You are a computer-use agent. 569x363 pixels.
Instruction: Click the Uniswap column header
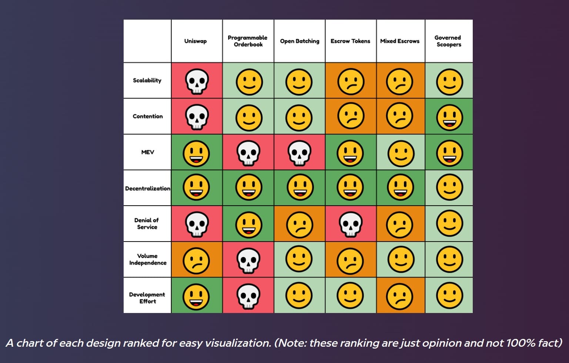tap(195, 41)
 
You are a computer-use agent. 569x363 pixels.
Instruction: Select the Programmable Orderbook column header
tap(248, 41)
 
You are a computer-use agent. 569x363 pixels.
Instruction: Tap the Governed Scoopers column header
tap(448, 41)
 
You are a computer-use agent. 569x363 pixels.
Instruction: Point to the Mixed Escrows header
tap(400, 41)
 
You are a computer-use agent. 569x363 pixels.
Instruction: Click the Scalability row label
tap(147, 80)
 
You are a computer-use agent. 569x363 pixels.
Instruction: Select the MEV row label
tap(147, 152)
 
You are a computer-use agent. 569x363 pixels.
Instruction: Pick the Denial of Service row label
tap(147, 224)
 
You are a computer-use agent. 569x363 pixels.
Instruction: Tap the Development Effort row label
tap(147, 298)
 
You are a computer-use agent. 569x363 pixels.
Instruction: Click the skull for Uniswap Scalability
tap(197, 81)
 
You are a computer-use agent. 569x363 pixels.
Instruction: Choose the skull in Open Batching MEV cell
tap(299, 153)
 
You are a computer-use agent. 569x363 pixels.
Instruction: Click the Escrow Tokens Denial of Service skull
tap(350, 224)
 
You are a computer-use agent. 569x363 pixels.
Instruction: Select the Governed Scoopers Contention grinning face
tap(449, 117)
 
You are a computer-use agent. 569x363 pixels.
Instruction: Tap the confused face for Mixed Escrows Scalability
tap(400, 81)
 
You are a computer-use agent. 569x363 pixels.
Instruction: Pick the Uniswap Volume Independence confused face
tap(196, 260)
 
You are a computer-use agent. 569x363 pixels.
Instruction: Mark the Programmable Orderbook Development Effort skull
tap(248, 296)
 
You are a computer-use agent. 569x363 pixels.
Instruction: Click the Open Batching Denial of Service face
tap(299, 224)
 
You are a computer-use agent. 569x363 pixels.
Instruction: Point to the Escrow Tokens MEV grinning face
tap(350, 153)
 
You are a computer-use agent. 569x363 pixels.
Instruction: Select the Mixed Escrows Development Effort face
tap(400, 296)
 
